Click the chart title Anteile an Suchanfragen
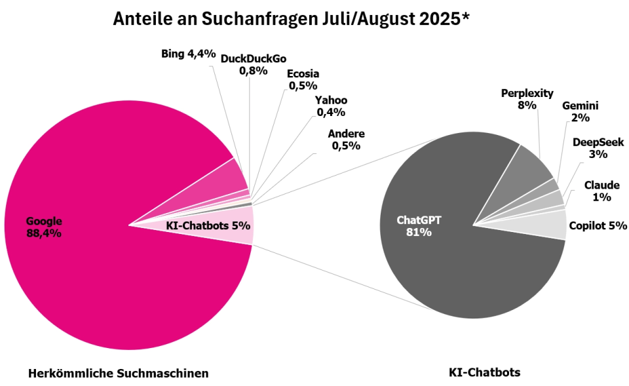coord(292,19)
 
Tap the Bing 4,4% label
coord(188,54)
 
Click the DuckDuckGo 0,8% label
coord(253,64)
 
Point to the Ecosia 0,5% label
coord(303,79)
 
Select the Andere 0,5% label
coord(346,140)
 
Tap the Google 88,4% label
coord(44,226)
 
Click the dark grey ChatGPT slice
coord(459,275)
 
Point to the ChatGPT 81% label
coord(419,226)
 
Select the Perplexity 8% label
coord(527,98)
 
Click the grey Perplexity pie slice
coord(531,166)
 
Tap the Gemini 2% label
coord(580,111)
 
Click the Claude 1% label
coord(598,191)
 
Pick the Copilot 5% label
coord(598,226)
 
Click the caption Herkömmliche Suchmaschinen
coord(119,374)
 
